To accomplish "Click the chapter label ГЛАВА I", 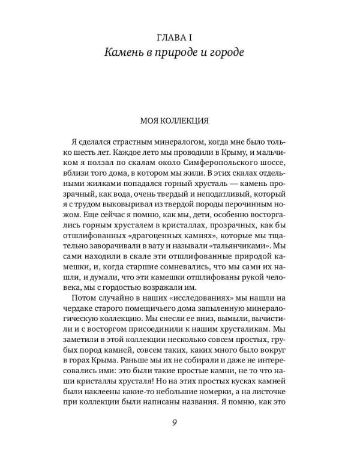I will (x=180, y=38).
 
